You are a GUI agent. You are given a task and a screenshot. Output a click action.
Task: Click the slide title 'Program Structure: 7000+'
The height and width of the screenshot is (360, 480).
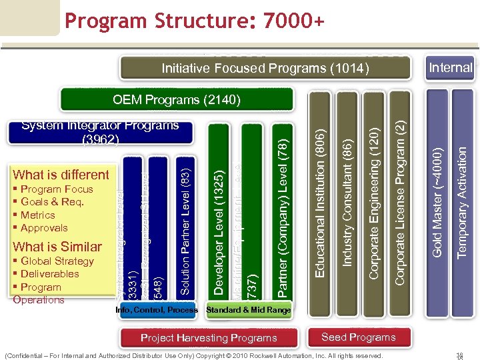click(x=195, y=22)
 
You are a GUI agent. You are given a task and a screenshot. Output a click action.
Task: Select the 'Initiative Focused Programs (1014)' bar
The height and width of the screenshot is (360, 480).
click(x=265, y=68)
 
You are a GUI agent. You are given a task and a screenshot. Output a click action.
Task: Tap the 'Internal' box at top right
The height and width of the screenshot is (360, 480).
click(x=451, y=67)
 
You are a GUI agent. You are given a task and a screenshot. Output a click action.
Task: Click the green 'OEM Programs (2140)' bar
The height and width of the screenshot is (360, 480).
click(x=176, y=100)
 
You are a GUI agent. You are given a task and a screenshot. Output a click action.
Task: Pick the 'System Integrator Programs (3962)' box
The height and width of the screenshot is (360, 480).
click(x=100, y=132)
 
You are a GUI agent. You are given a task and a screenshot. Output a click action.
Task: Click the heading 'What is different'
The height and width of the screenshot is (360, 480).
click(x=61, y=175)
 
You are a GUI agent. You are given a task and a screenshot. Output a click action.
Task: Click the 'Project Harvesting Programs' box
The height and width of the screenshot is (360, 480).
click(x=209, y=338)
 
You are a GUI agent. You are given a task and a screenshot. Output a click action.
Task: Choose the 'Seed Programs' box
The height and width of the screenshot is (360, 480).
click(x=358, y=337)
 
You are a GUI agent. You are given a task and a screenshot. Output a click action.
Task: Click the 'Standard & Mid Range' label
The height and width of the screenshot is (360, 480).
click(x=249, y=310)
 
